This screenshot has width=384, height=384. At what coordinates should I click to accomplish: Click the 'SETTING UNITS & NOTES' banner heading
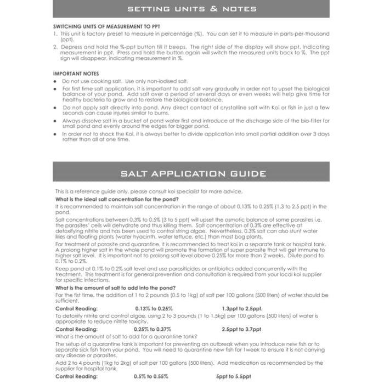point(191,9)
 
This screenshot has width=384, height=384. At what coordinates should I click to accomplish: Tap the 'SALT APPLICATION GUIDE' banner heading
point(191,174)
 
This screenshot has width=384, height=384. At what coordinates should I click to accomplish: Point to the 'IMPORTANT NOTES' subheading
point(75,73)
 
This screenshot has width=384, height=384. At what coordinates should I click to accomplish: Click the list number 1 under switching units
point(55,33)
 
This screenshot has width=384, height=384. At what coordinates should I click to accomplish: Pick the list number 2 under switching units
point(55,47)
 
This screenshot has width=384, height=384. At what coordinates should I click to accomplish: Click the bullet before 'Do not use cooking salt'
point(55,81)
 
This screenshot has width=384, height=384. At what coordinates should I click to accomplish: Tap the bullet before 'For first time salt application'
point(55,88)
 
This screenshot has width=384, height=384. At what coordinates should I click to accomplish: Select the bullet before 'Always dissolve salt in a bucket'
point(55,120)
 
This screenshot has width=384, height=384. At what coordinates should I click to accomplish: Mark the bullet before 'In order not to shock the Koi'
point(55,133)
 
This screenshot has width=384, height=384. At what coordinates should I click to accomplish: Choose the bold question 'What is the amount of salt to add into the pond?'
point(116,287)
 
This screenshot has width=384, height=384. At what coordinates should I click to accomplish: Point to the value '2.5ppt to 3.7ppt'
point(241,329)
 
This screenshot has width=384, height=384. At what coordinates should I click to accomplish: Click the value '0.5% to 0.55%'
point(151,376)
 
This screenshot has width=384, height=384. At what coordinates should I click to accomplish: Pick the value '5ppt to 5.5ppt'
point(233,376)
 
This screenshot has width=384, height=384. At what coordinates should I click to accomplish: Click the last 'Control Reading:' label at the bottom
point(76,376)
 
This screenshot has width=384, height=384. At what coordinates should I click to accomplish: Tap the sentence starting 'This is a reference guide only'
point(148,191)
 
